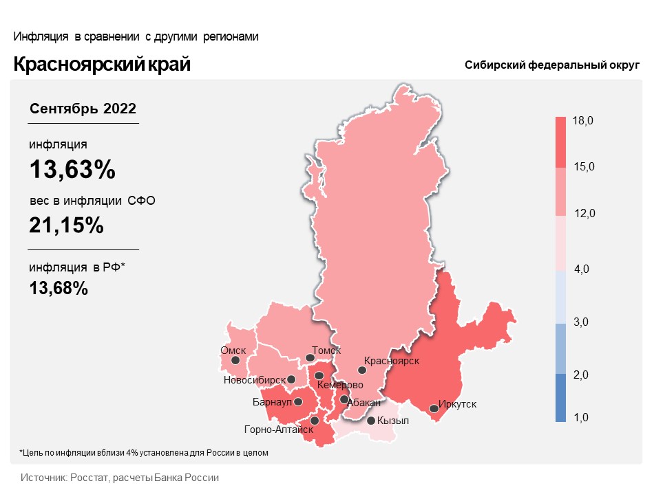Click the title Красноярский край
(102, 65)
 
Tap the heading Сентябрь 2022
(83, 109)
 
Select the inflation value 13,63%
(72, 170)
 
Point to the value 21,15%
(66, 225)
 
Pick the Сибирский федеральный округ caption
(552, 65)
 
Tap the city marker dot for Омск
(235, 360)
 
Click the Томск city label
(326, 350)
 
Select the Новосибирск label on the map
(254, 379)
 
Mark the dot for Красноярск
(362, 370)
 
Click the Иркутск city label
(457, 405)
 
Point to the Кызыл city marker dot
(371, 421)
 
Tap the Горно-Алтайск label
(279, 430)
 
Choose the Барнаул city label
(273, 401)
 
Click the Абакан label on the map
(364, 403)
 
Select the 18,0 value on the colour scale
(583, 122)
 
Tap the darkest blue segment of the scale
(564, 397)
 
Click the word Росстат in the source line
(86, 477)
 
